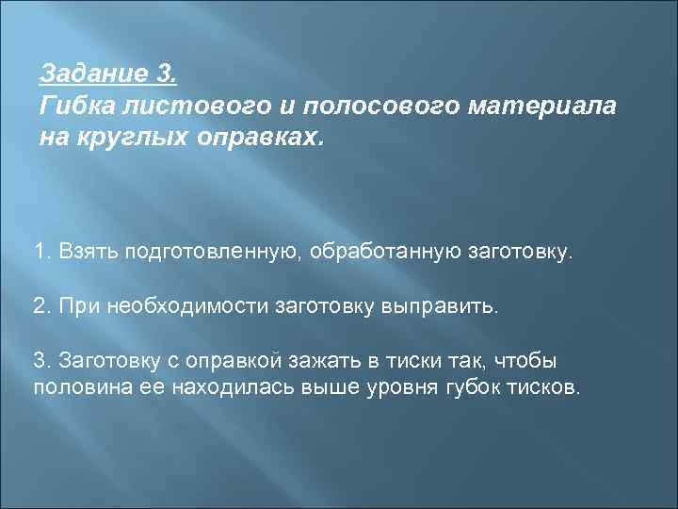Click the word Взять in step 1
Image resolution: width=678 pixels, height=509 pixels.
(83, 253)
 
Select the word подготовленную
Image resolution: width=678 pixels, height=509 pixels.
(213, 253)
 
